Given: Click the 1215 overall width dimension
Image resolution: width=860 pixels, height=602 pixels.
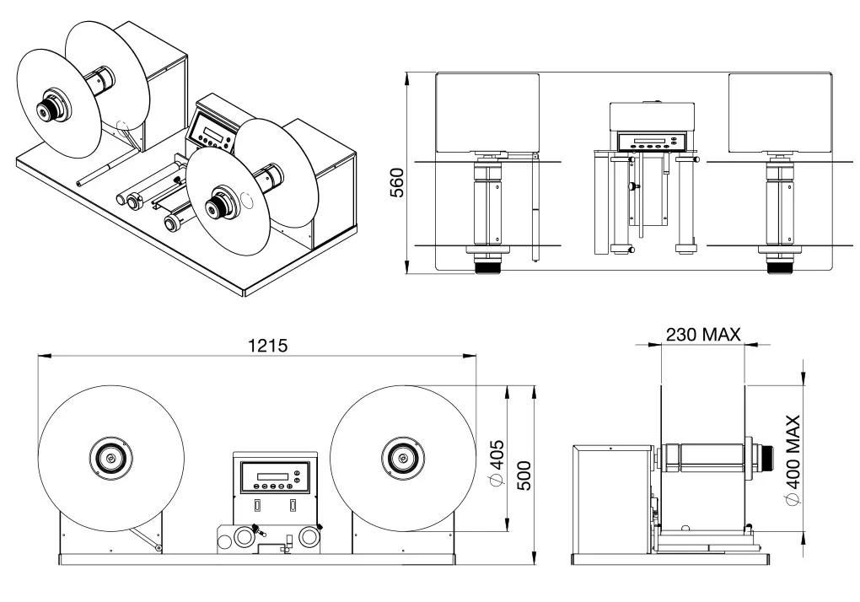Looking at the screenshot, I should pyautogui.click(x=268, y=345).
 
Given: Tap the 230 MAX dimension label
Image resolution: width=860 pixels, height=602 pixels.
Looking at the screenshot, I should pyautogui.click(x=702, y=334).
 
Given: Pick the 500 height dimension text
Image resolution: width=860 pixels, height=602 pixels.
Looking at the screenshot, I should pyautogui.click(x=522, y=478).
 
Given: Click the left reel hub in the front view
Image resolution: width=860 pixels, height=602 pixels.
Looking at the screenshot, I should pyautogui.click(x=110, y=458).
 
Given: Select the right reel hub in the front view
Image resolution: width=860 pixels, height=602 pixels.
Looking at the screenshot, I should pyautogui.click(x=403, y=458).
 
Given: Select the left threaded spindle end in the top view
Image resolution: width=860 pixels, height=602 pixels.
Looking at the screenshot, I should pyautogui.click(x=487, y=266).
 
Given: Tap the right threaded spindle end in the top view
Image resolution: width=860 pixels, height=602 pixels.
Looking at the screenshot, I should pyautogui.click(x=780, y=266).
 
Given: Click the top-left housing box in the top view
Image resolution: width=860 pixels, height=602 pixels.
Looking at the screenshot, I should pyautogui.click(x=487, y=109).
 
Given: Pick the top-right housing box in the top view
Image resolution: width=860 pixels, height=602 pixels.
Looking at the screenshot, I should pyautogui.click(x=780, y=109).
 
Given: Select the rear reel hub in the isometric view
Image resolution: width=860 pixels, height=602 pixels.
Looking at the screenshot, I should pyautogui.click(x=46, y=109).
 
